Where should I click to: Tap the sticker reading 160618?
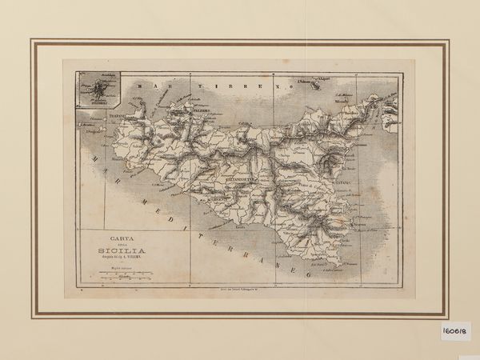[454, 331]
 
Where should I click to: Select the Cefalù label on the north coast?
[247, 122]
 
